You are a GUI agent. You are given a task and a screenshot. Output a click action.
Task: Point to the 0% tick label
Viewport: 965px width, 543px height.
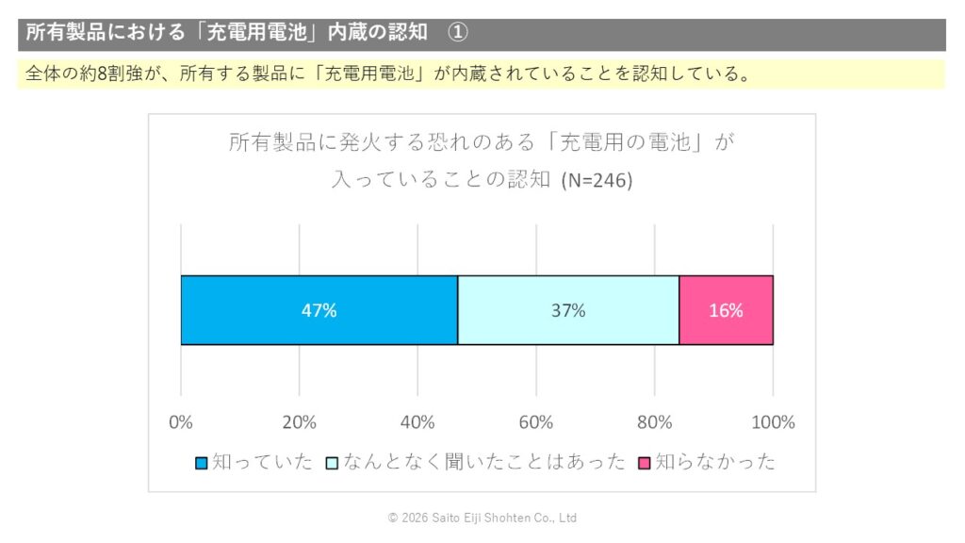(x=181, y=422)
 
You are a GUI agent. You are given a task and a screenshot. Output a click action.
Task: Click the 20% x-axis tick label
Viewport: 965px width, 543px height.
(x=300, y=422)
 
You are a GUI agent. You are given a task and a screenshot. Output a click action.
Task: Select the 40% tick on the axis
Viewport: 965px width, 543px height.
(x=417, y=422)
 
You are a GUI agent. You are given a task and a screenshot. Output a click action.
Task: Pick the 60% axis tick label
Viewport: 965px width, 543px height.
(x=536, y=422)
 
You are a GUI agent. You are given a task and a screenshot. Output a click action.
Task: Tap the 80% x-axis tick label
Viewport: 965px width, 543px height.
(x=655, y=422)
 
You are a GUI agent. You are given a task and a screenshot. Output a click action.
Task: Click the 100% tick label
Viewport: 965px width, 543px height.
(x=773, y=422)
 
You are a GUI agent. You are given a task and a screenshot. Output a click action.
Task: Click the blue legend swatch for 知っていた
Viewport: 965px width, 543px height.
(x=201, y=463)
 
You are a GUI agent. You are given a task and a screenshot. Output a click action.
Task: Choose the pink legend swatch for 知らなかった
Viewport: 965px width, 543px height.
(x=645, y=463)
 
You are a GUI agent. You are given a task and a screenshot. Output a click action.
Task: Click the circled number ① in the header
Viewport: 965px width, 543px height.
(x=457, y=32)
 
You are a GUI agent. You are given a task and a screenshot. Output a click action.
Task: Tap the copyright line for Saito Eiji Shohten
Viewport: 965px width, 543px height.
(x=482, y=518)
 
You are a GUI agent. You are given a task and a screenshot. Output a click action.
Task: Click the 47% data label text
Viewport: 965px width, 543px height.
(x=319, y=310)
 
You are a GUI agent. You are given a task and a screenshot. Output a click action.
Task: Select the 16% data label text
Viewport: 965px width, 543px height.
(x=726, y=310)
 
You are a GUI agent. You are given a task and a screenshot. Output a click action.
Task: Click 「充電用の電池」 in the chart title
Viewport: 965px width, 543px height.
(x=628, y=143)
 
